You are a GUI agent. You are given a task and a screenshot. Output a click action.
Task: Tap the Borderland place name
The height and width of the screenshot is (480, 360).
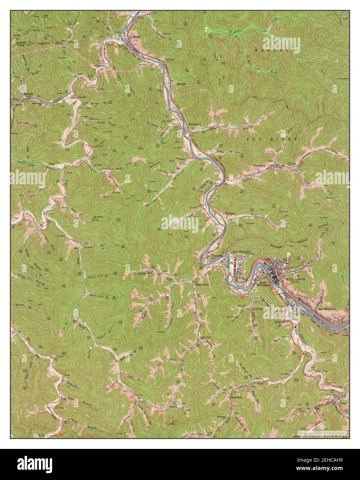(x=194, y=124)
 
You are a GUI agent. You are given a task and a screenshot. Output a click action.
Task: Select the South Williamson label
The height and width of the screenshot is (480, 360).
(x=264, y=284)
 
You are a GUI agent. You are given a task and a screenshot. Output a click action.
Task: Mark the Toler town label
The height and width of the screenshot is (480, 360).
(x=342, y=403)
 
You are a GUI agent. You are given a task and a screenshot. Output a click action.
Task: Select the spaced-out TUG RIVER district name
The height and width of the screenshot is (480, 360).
(x=272, y=139)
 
